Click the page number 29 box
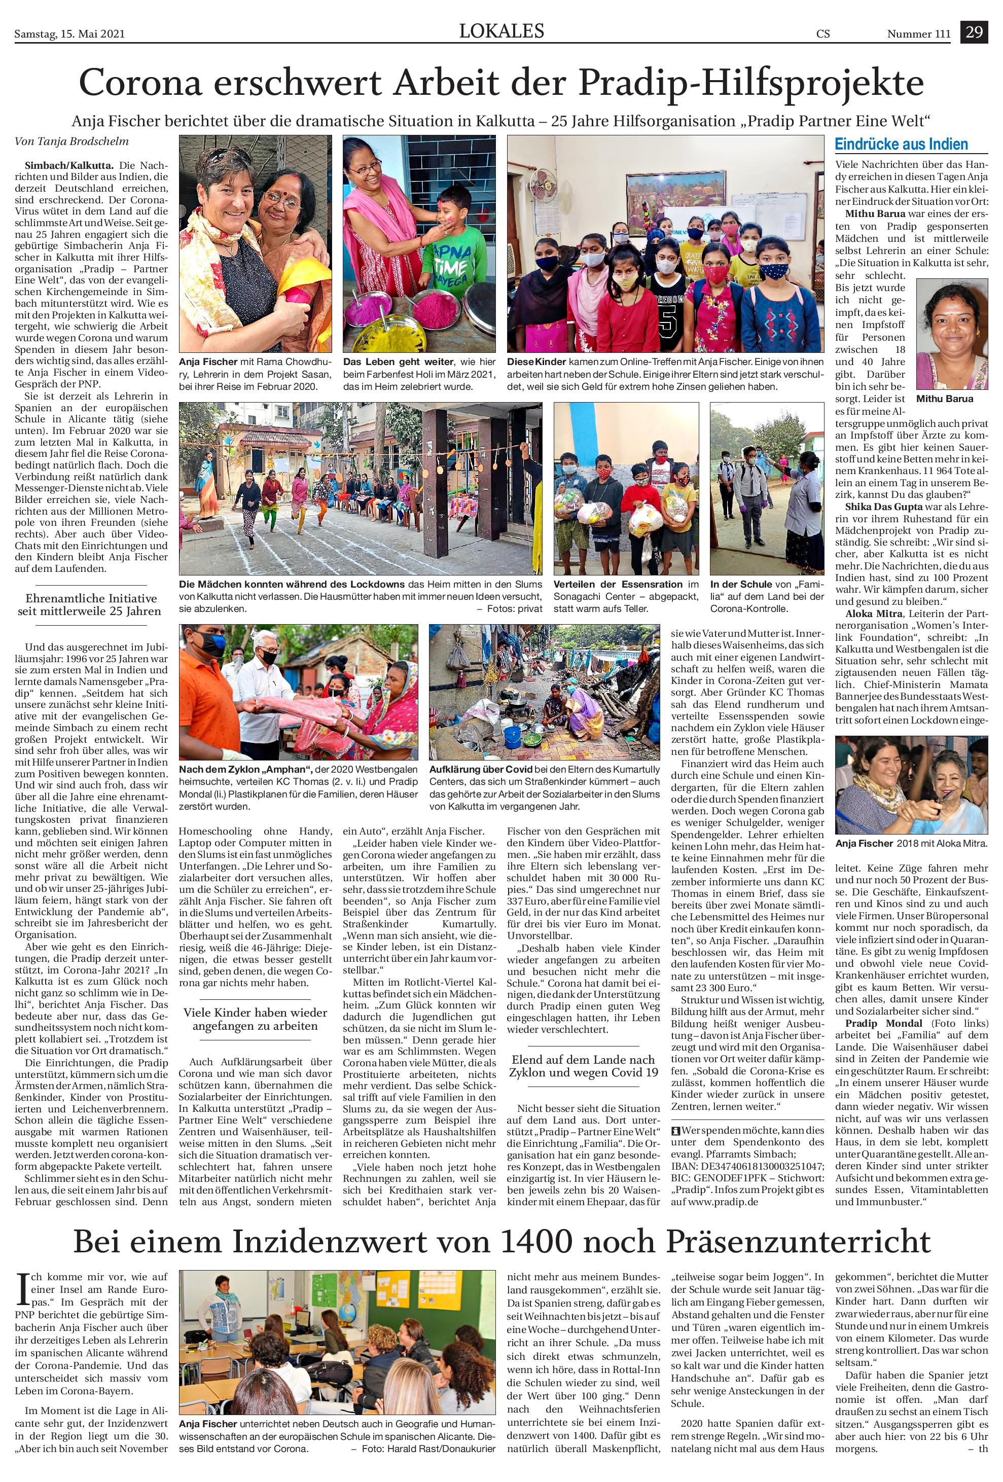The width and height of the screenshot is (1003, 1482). point(974,32)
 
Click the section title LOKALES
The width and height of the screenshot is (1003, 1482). point(502,30)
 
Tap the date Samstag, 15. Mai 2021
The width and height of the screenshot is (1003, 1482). point(69,34)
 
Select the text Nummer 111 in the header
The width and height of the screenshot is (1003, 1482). point(918,34)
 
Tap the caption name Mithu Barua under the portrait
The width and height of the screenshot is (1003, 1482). point(944,399)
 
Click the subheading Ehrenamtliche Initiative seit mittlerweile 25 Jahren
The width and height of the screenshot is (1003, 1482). point(91,604)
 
